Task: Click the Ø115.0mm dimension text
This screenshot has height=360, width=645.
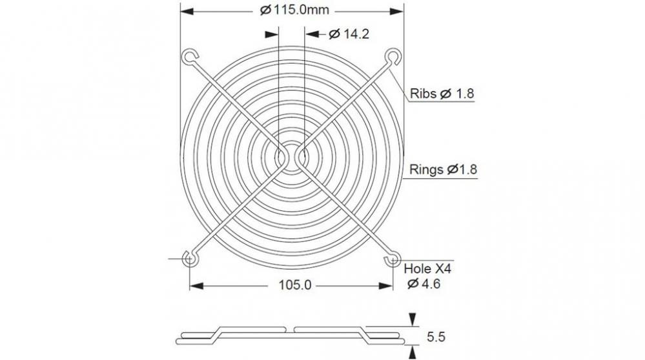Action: click(292, 10)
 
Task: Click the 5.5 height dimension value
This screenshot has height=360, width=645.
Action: click(436, 336)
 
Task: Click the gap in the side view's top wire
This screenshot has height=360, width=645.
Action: click(292, 328)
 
